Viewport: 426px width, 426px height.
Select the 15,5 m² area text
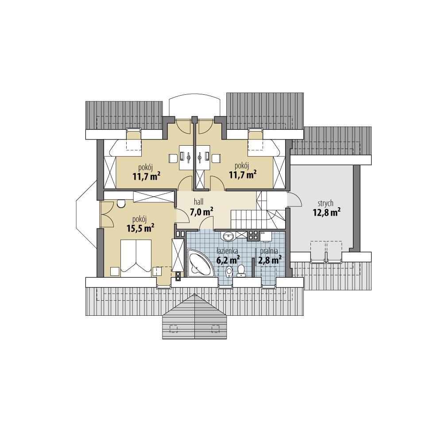140,228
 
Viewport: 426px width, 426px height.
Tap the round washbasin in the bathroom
228,237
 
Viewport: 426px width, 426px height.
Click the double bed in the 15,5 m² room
136,256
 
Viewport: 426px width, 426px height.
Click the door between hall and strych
293,200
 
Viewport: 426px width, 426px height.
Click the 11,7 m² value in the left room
146,176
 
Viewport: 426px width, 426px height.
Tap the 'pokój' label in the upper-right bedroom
242,166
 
